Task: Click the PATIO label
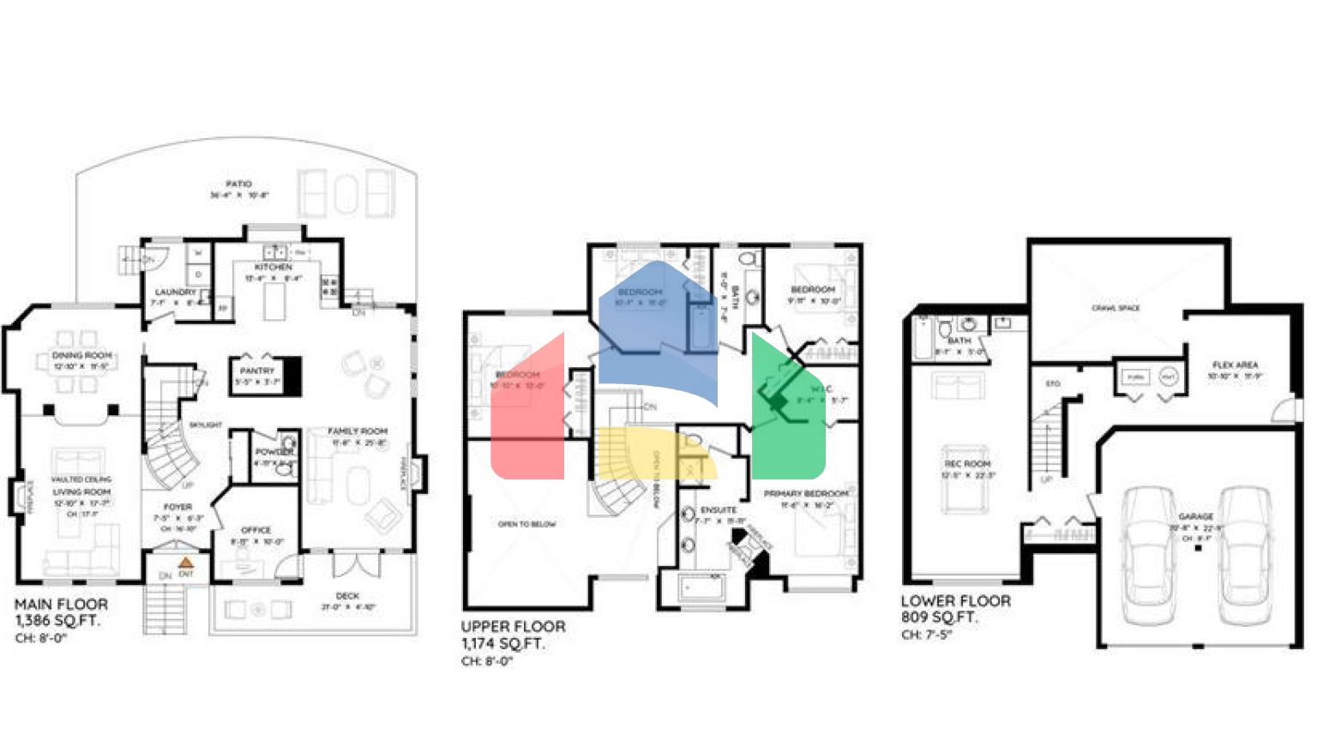click(238, 184)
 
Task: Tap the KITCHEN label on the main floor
click(273, 268)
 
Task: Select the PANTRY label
click(257, 370)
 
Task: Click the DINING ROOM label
click(81, 355)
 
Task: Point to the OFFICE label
click(256, 530)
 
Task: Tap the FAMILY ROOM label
click(358, 431)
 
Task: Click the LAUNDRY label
click(175, 292)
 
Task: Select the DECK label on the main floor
click(347, 596)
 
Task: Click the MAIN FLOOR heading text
click(62, 604)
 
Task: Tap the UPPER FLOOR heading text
click(513, 627)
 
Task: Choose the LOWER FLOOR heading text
click(955, 601)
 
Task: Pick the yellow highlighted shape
click(652, 455)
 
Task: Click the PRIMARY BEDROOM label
click(805, 494)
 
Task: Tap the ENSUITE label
click(718, 510)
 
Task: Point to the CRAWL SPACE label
click(1116, 308)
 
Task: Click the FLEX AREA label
click(1235, 365)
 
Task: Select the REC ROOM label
click(967, 464)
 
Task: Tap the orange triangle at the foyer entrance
click(185, 563)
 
